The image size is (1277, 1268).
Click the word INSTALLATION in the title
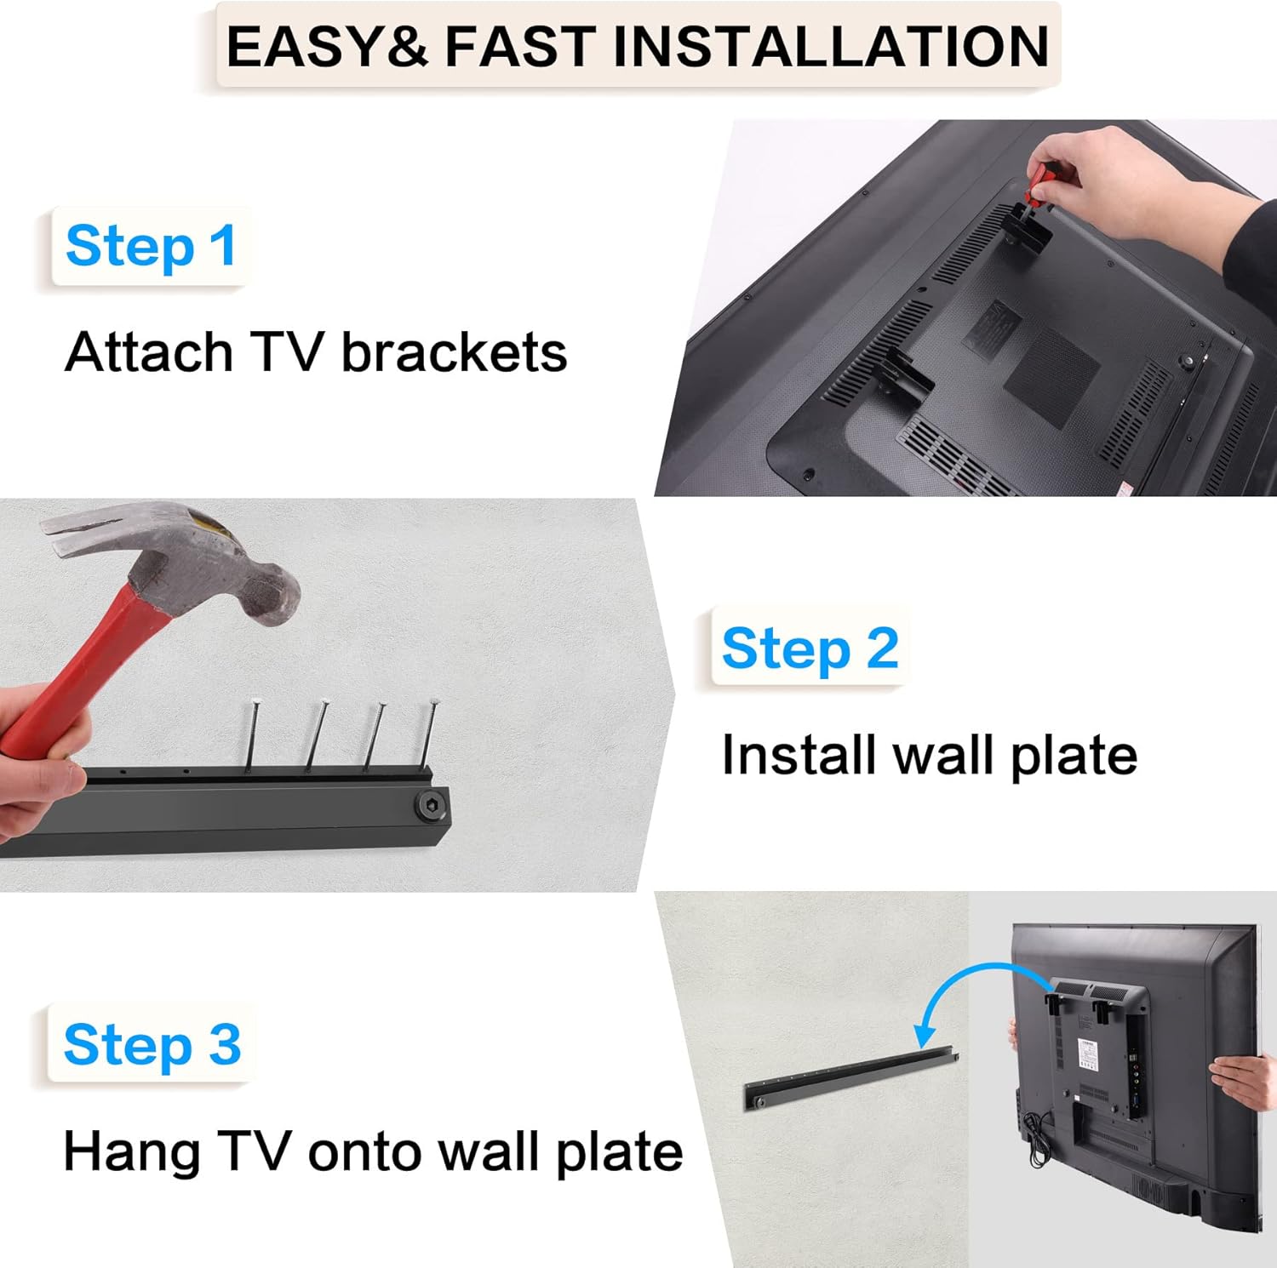click(x=831, y=46)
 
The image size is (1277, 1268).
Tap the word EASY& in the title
click(x=327, y=46)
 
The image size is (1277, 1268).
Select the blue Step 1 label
click(x=151, y=246)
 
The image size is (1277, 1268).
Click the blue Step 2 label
click(x=810, y=648)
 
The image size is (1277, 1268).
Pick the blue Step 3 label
click(x=152, y=1044)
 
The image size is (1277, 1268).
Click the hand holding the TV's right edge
click(x=1243, y=1081)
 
